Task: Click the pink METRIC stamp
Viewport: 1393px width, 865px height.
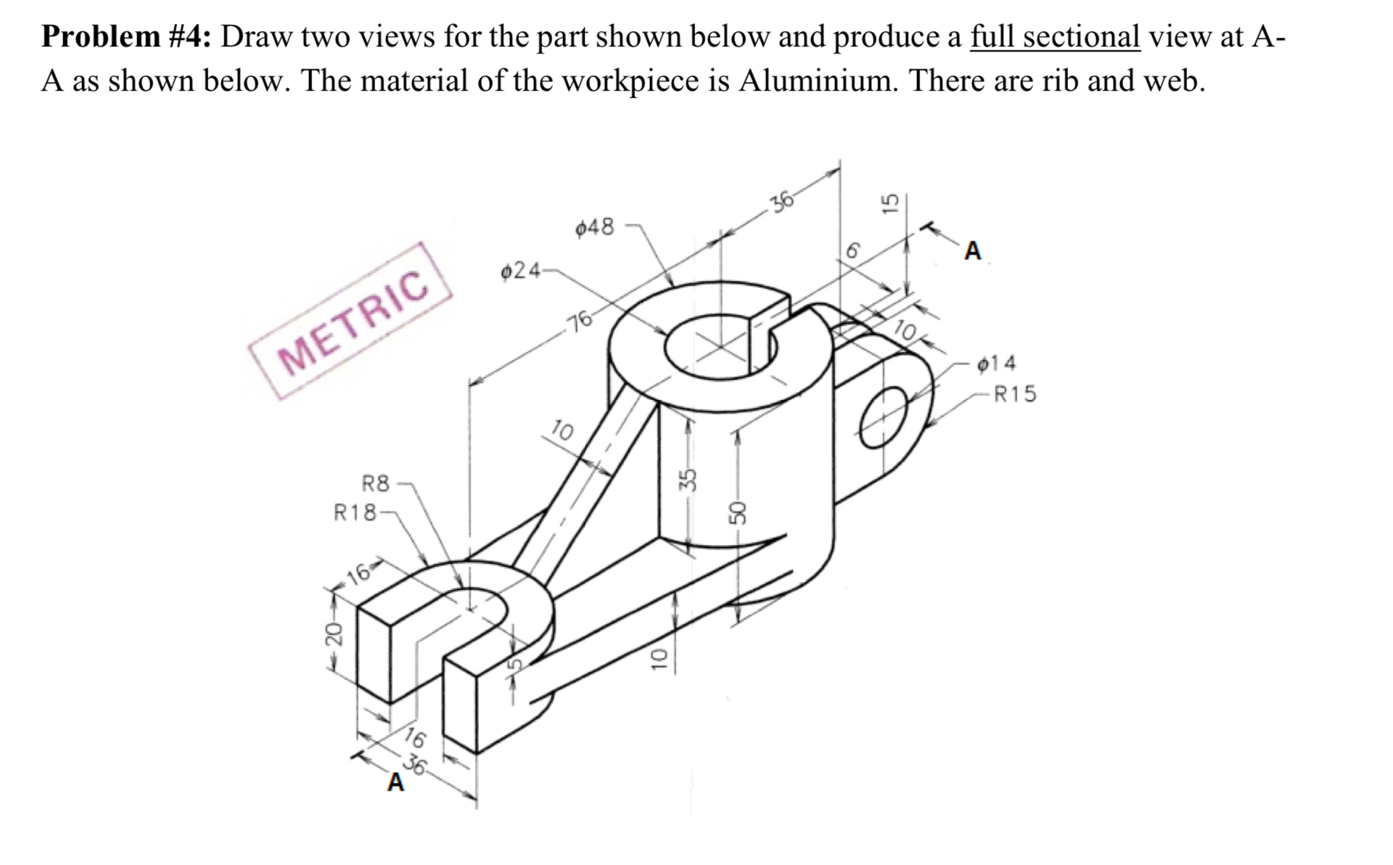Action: (x=350, y=321)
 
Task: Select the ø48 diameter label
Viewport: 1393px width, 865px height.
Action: (x=594, y=228)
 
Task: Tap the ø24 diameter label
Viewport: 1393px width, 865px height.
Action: (x=520, y=271)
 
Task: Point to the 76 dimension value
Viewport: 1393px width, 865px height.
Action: (x=580, y=320)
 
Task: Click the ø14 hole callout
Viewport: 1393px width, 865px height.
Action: (x=997, y=363)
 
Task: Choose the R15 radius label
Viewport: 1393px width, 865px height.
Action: (x=1014, y=395)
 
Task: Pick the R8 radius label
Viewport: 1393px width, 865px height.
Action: (x=376, y=483)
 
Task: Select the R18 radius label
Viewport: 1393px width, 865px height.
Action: (x=355, y=513)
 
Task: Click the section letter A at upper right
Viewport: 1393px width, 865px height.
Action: (x=972, y=252)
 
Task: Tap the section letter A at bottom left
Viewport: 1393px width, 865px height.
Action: (x=395, y=783)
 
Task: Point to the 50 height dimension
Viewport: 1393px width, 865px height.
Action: (x=737, y=512)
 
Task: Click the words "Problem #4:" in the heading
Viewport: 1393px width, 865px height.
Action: (x=126, y=36)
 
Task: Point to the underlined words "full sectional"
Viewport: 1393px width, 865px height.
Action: (x=1055, y=36)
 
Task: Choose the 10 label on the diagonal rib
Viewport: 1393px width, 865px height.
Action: (x=562, y=430)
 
